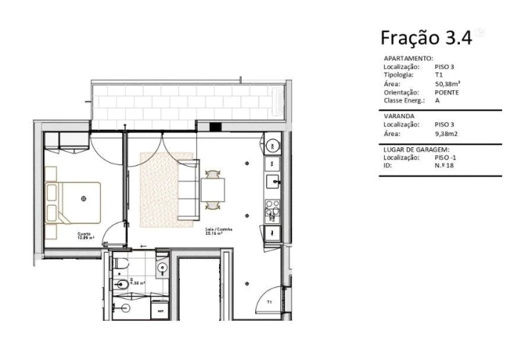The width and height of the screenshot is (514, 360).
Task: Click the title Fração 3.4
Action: [x=426, y=37]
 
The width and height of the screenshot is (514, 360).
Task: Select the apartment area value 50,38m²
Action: [x=447, y=84]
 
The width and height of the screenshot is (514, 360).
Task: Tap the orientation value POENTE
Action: [x=446, y=92]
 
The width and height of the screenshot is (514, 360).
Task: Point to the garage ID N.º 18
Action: [x=445, y=165]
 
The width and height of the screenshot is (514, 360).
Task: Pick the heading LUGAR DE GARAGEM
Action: [x=416, y=149]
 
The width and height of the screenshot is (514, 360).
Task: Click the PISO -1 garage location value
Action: [x=446, y=157]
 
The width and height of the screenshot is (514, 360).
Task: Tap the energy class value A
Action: [x=437, y=100]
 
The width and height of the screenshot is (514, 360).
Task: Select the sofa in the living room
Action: [x=188, y=191]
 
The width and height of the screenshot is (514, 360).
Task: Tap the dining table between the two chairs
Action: [x=213, y=190]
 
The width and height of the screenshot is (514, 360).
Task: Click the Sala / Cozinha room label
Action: [x=215, y=230]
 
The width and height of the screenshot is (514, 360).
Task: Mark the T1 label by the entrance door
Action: [x=269, y=302]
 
